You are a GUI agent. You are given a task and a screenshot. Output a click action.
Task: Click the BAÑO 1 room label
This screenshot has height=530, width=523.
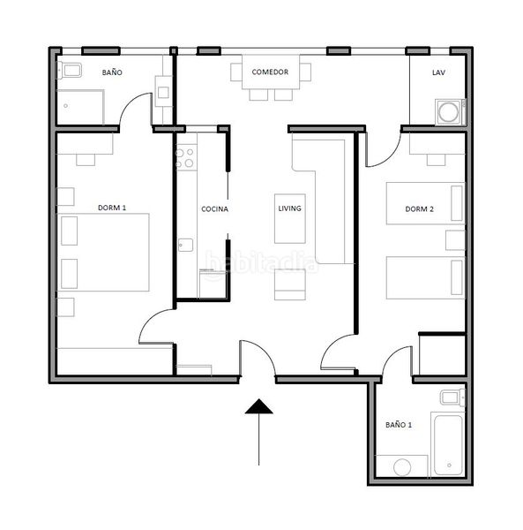point(399,425)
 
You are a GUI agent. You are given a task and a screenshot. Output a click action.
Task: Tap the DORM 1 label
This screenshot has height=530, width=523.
point(112,208)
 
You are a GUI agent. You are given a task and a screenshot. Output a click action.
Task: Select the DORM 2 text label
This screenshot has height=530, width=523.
point(419,208)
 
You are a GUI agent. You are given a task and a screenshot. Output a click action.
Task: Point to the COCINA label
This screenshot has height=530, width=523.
point(214,209)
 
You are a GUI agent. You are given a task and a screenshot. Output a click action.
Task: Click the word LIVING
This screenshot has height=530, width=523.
point(289,208)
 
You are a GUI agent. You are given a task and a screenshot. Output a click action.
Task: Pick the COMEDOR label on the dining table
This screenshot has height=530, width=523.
point(270,72)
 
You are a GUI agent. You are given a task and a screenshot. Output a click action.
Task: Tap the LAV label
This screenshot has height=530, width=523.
point(438,72)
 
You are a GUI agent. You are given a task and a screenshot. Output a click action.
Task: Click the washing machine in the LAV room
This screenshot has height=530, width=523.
point(450,111)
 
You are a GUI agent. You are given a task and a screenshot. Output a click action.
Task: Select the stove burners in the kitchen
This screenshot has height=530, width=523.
point(185,157)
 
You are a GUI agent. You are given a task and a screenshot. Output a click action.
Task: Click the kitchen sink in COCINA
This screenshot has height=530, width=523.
point(185,245)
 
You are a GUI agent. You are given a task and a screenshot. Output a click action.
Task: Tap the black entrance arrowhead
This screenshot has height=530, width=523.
point(258,406)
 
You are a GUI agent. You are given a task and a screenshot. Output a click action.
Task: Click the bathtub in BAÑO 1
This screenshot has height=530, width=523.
point(448,445)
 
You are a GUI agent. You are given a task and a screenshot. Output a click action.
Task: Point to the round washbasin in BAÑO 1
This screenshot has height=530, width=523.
point(402,467)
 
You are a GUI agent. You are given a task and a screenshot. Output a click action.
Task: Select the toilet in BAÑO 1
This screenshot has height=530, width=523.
point(452,397)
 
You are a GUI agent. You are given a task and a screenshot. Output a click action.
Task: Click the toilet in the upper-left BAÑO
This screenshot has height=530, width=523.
point(69,71)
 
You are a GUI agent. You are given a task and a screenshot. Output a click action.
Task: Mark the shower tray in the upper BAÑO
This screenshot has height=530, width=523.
point(80,107)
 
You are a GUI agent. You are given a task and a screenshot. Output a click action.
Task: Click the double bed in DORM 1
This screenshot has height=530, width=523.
point(103,252)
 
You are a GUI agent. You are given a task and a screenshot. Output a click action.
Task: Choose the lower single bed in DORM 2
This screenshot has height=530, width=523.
point(426,278)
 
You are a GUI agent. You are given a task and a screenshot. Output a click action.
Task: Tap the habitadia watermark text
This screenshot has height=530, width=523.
point(262,263)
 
